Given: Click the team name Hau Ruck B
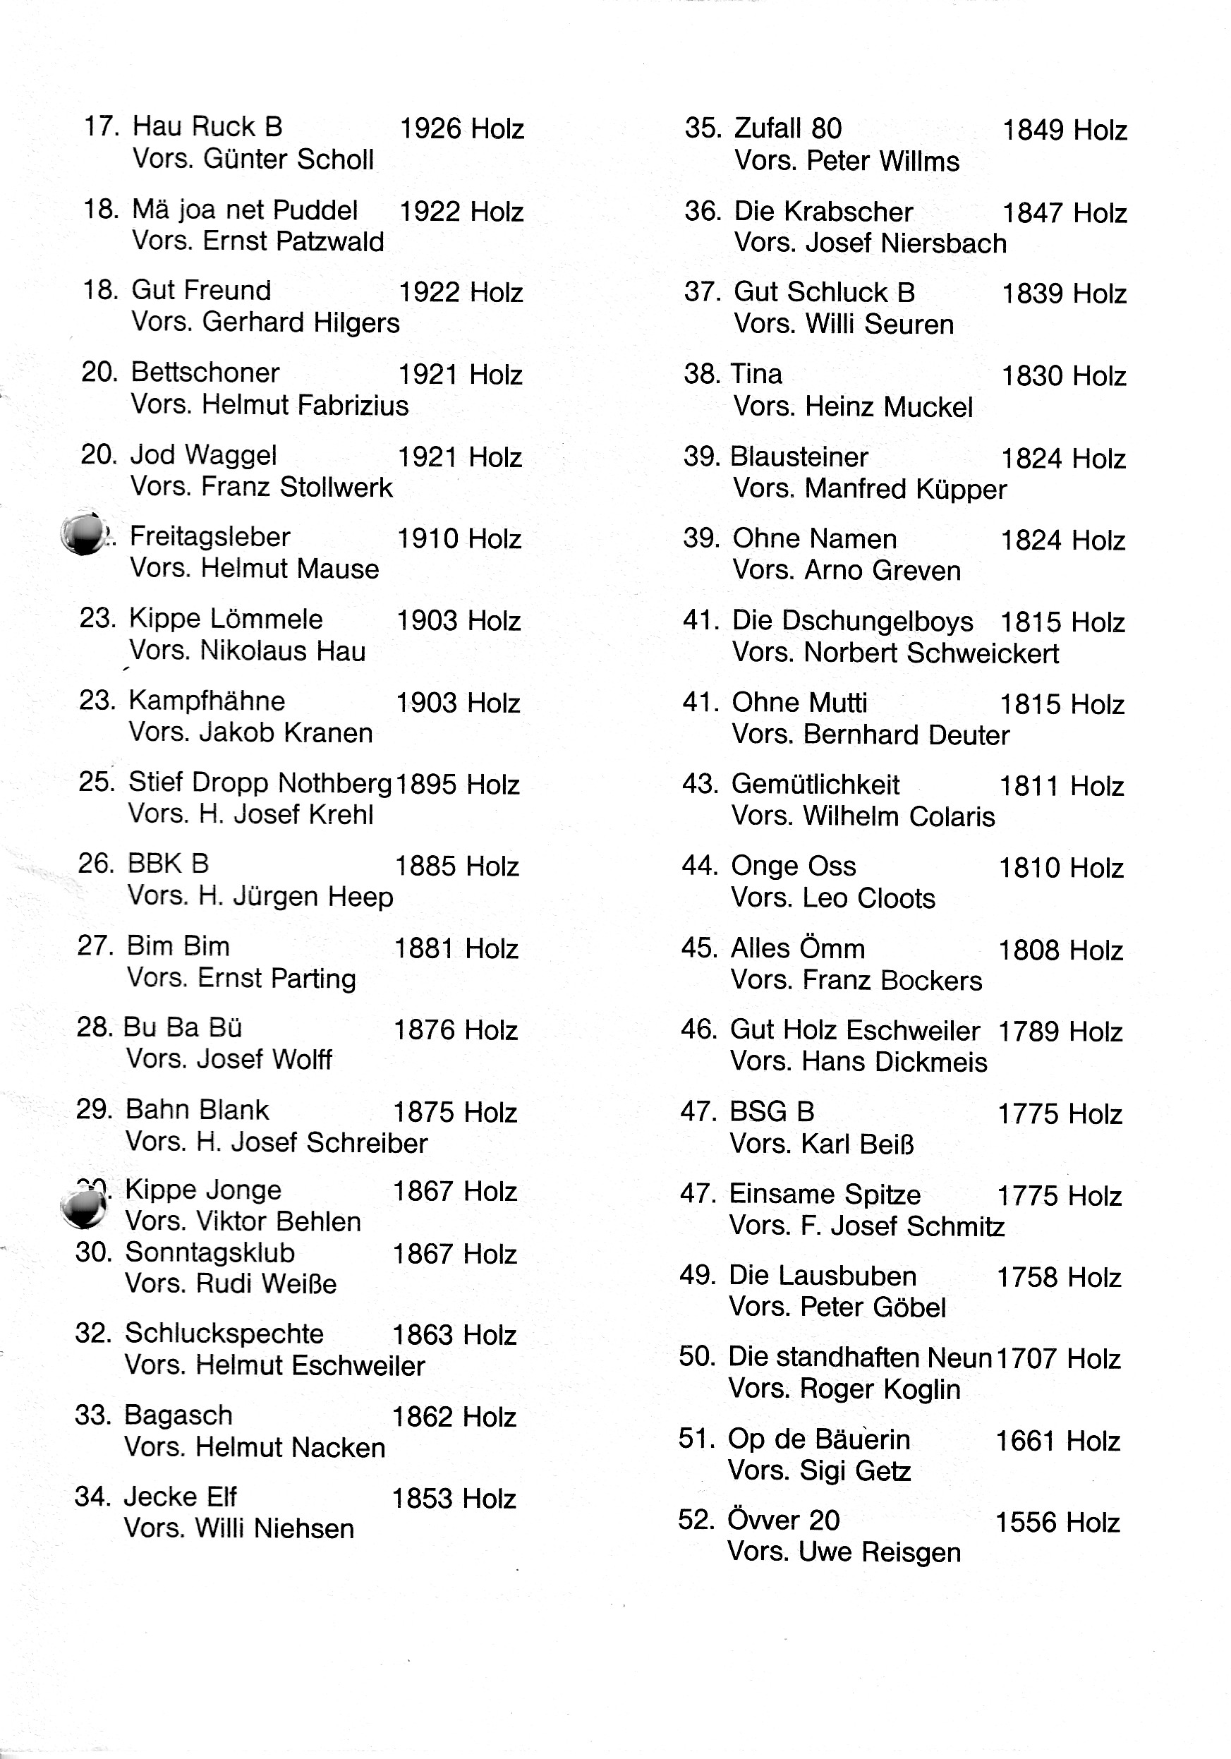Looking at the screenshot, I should click(207, 126).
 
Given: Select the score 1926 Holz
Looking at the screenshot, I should click(461, 128).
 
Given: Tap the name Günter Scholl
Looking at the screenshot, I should click(288, 159).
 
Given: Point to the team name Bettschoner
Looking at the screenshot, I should click(205, 373).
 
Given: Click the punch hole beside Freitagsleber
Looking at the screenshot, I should click(83, 533).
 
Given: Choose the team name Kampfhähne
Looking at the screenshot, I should click(207, 700).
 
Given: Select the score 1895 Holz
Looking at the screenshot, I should click(457, 785).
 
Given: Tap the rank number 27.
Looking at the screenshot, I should click(96, 945).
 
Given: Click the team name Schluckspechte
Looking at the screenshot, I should click(224, 1333).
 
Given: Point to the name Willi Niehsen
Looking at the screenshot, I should click(274, 1528).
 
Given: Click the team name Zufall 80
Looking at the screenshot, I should click(787, 128).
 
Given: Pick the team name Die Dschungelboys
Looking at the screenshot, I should click(851, 620).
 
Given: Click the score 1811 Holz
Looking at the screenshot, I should click(1061, 786).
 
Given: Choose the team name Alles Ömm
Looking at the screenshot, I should click(797, 948).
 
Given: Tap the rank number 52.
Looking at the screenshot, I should click(696, 1519).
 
